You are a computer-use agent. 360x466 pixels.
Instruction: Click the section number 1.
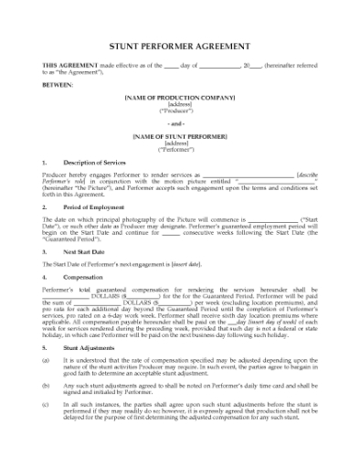[45, 162]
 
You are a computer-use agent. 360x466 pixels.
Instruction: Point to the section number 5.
[45, 347]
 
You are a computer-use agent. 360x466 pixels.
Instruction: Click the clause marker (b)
[47, 386]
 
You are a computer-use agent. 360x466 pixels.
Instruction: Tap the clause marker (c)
[47, 405]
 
